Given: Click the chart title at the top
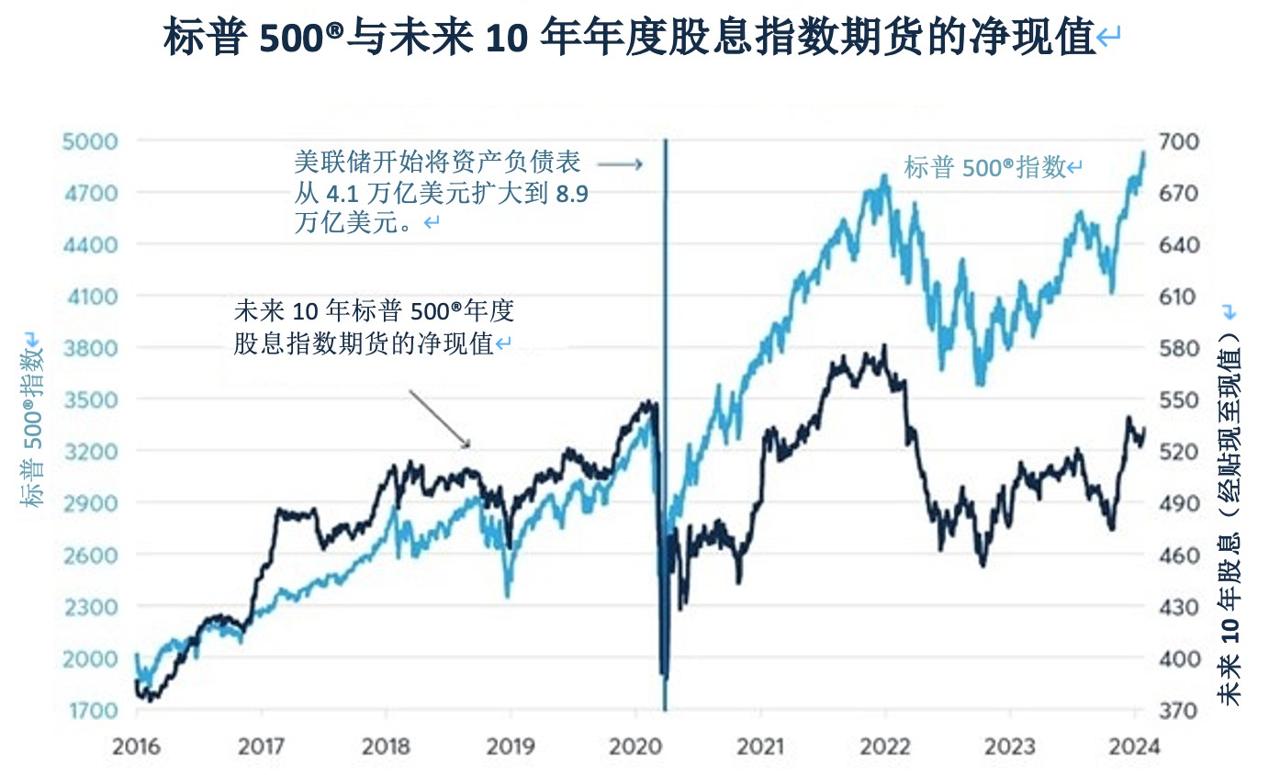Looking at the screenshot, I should [x=634, y=39].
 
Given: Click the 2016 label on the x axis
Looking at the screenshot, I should [x=136, y=747].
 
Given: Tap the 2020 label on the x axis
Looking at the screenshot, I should [x=635, y=747].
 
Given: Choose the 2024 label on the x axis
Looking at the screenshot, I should [x=1135, y=747].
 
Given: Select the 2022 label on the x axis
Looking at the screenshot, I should [x=885, y=747].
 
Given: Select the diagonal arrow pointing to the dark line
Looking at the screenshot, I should [x=439, y=419].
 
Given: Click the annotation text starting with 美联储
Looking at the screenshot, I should [x=437, y=193].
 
